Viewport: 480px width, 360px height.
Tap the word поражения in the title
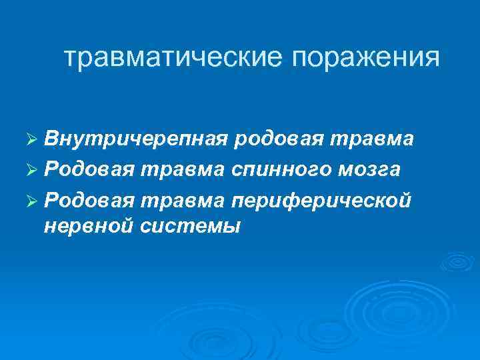[x=364, y=58]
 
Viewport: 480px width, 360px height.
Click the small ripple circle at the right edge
[x=457, y=262]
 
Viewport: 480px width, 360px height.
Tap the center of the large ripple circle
[x=385, y=307]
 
